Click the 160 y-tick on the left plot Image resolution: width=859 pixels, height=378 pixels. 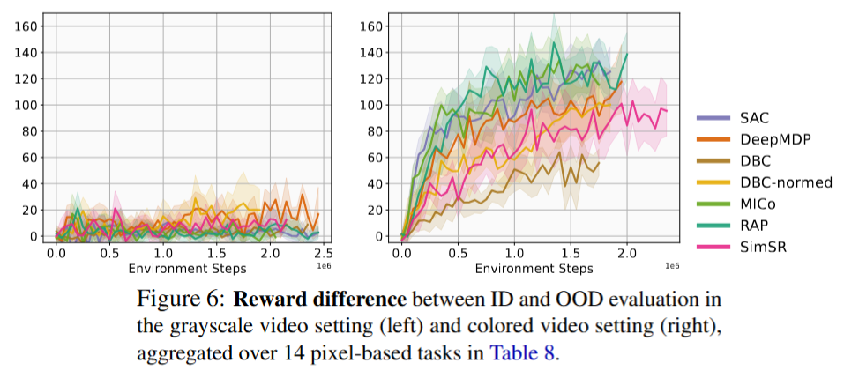(x=28, y=26)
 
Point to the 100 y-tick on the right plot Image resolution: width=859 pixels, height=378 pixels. (x=373, y=105)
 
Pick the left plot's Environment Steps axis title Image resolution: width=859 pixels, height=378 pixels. (x=187, y=267)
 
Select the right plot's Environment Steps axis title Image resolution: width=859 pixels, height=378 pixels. (x=532, y=267)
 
